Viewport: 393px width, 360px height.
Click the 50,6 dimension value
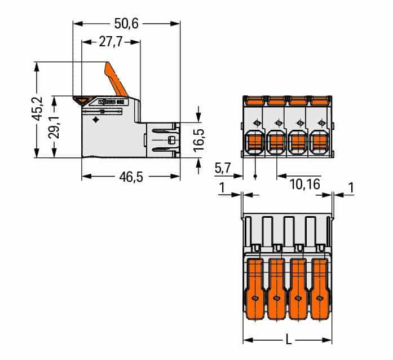coord(126,23)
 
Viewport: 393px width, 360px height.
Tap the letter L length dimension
coord(288,340)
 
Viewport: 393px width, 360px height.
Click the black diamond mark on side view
coord(96,120)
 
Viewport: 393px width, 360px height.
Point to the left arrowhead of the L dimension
coord(246,340)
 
